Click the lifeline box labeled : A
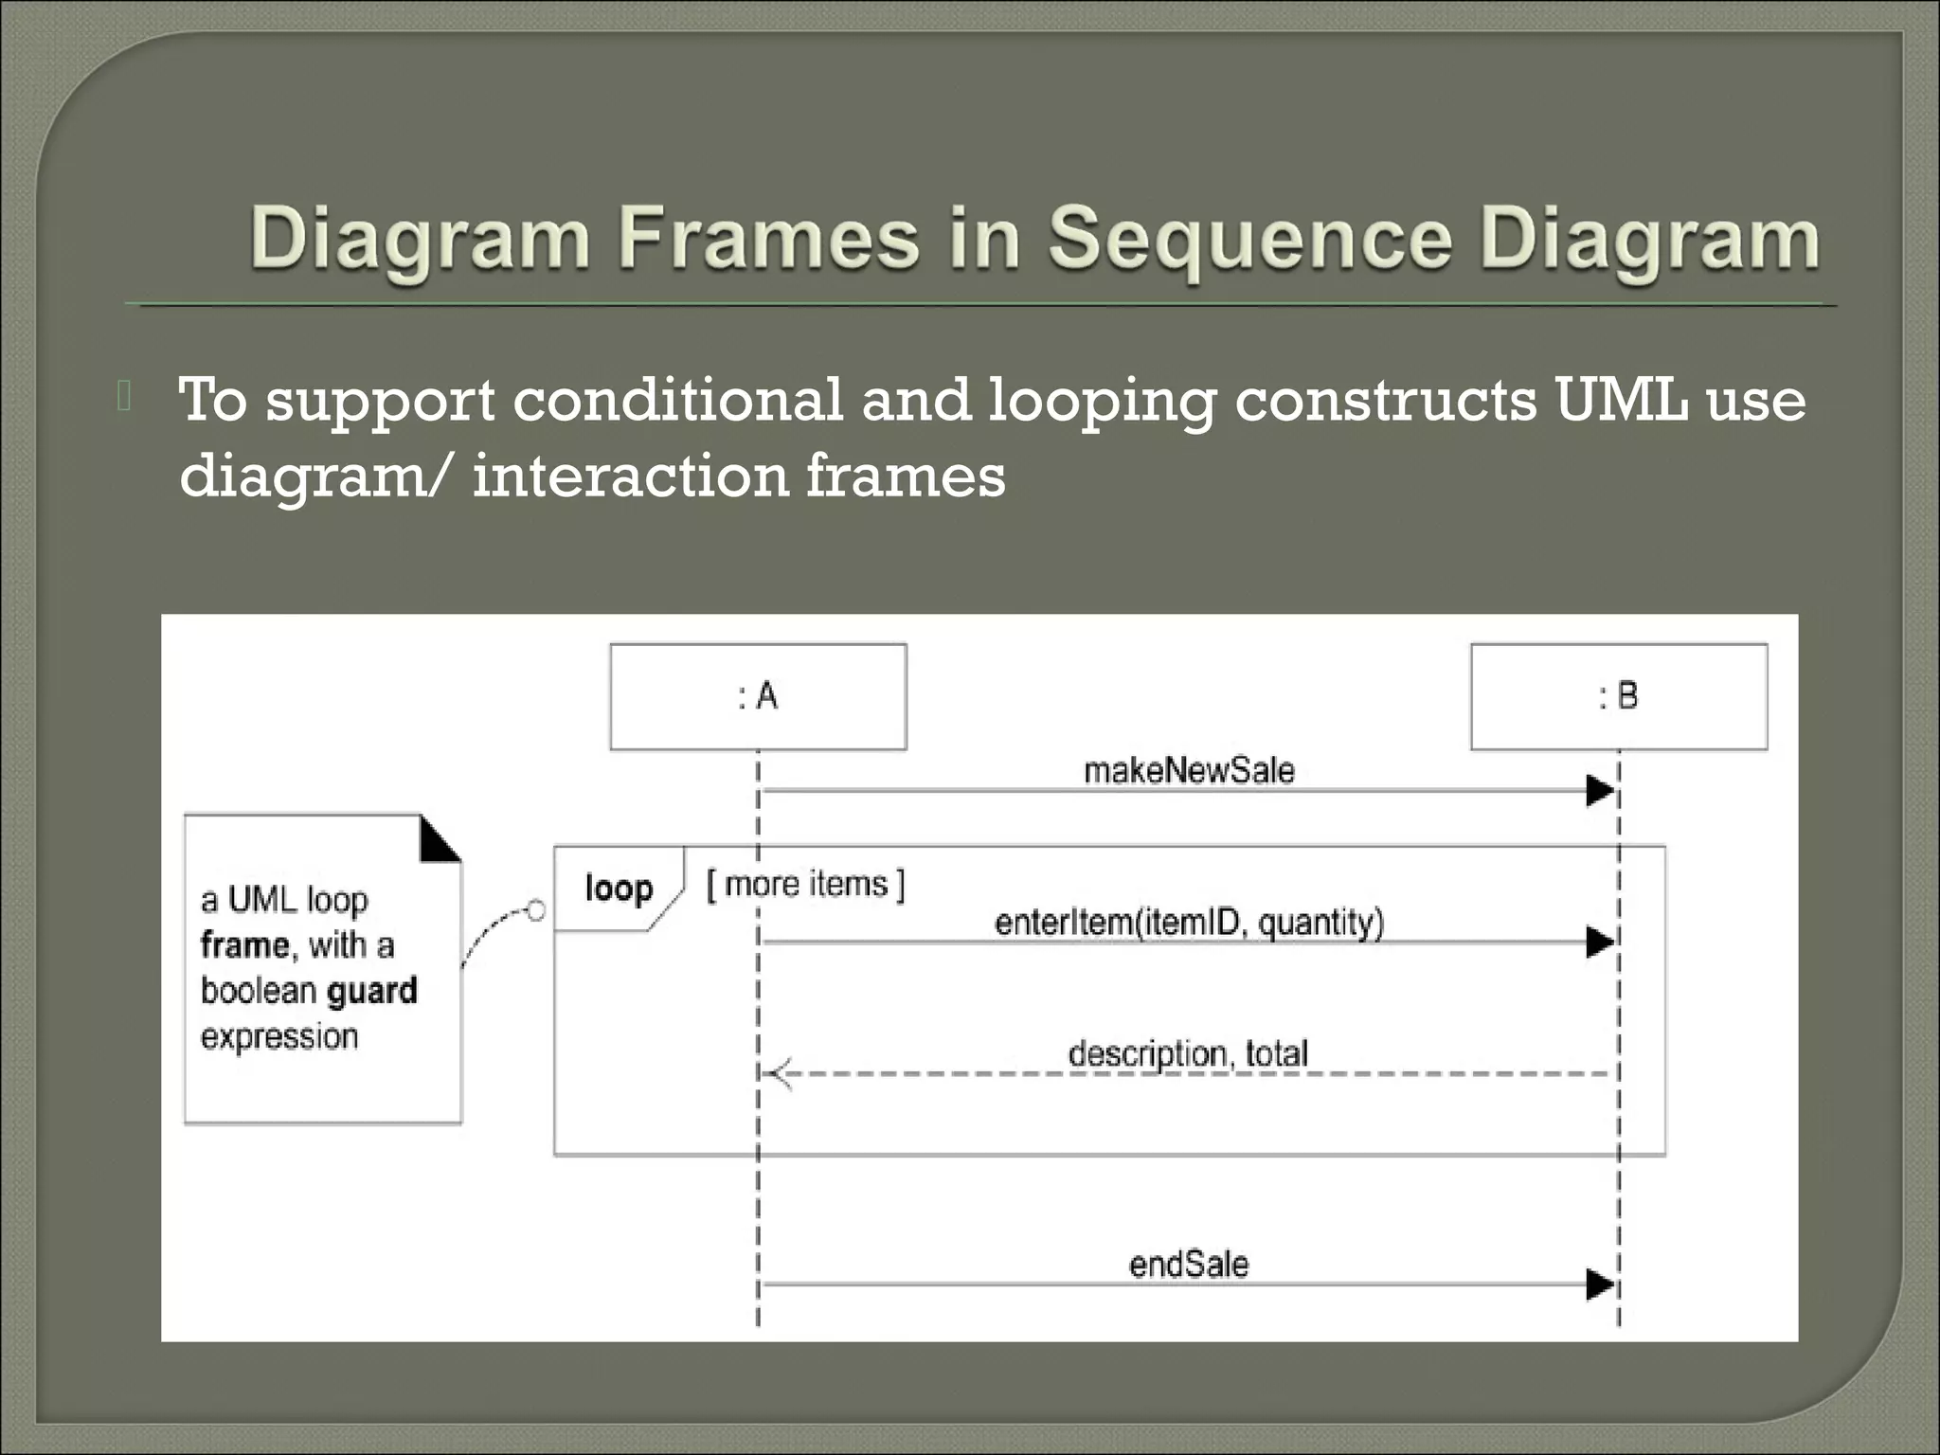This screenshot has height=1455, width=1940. click(758, 696)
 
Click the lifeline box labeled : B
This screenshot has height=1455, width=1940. click(1618, 696)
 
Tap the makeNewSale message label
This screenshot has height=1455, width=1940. click(1189, 770)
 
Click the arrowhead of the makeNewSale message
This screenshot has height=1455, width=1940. click(1600, 790)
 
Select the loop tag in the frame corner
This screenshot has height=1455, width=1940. click(619, 889)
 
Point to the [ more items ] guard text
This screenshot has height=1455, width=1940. click(805, 884)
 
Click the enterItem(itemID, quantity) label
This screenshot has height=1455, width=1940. click(1189, 922)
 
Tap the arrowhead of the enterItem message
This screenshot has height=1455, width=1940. click(1600, 942)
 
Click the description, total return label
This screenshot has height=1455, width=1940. click(1188, 1053)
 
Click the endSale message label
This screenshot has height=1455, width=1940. click(1189, 1265)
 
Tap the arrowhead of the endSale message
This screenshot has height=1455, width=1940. click(1600, 1285)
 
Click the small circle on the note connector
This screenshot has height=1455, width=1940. click(535, 911)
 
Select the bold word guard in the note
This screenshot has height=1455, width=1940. click(371, 991)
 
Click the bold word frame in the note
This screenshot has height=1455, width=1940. click(244, 945)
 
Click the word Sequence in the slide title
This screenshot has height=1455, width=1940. click(1249, 239)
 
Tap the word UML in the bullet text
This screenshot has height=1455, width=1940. click(1620, 400)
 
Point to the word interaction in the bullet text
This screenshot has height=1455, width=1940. click(630, 475)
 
